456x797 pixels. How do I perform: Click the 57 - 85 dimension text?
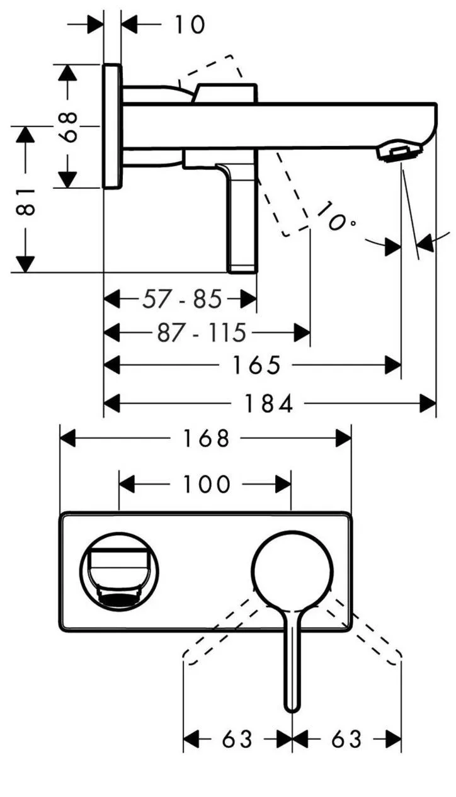click(x=182, y=299)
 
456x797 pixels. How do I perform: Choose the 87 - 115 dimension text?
click(x=202, y=332)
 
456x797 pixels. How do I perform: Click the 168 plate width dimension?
click(x=205, y=438)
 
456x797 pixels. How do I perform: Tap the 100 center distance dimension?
click(x=205, y=485)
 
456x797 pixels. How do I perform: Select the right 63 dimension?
click(x=346, y=739)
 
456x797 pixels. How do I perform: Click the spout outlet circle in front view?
click(x=119, y=570)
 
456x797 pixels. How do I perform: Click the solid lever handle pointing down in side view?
click(x=242, y=220)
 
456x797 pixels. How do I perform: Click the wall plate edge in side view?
click(x=111, y=125)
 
